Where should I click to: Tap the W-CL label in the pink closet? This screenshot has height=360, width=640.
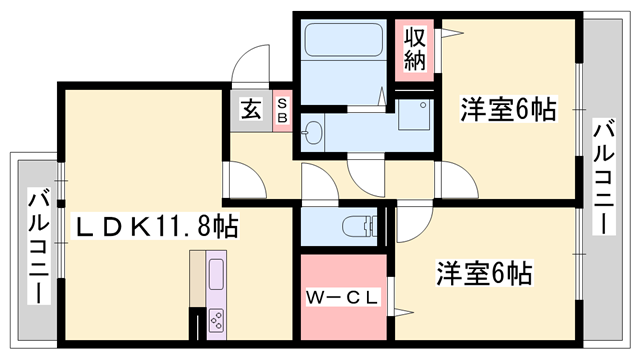pyautogui.click(x=339, y=297)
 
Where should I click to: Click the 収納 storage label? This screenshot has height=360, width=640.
pyautogui.click(x=415, y=49)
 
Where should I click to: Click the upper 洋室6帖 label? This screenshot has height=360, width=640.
pyautogui.click(x=508, y=109)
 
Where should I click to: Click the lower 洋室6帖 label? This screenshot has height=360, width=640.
pyautogui.click(x=483, y=271)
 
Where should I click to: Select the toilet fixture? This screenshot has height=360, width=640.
pyautogui.click(x=352, y=224)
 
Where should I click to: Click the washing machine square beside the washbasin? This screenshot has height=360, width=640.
pyautogui.click(x=411, y=117)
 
